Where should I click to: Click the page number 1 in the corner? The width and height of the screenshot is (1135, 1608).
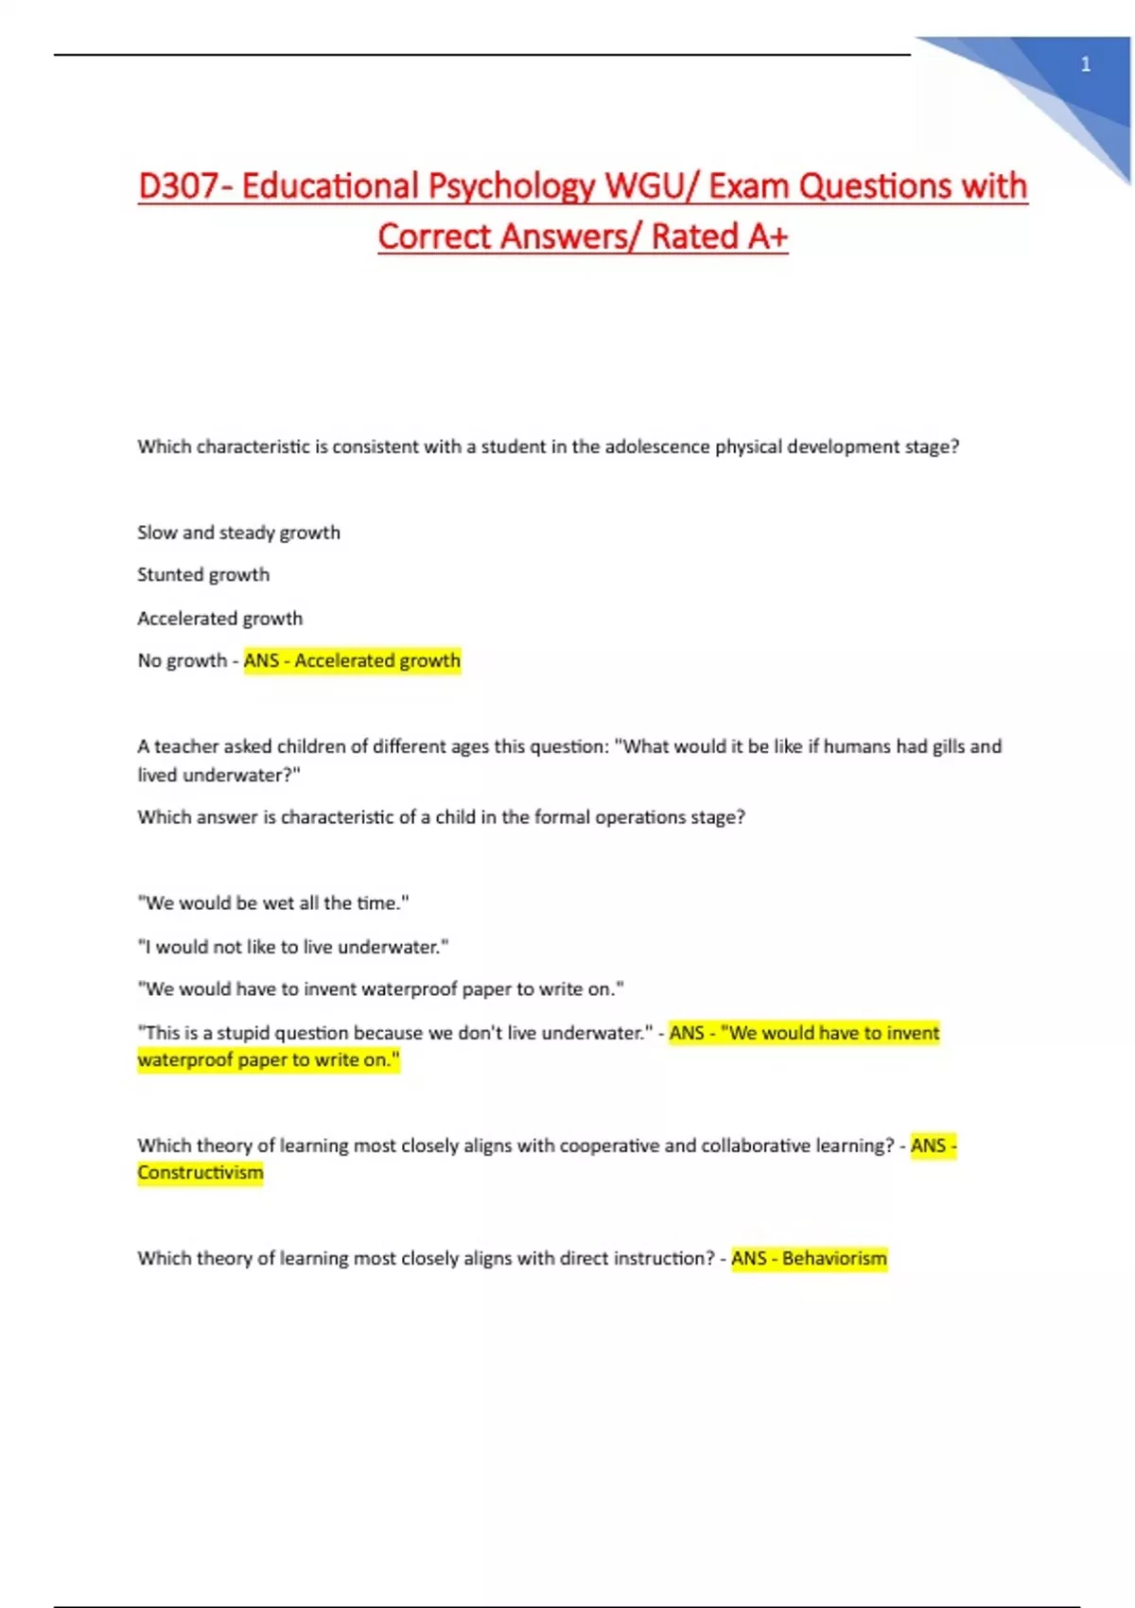tap(1085, 64)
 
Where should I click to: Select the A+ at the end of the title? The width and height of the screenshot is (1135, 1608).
tap(767, 236)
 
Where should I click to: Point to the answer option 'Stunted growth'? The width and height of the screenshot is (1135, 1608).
tap(203, 575)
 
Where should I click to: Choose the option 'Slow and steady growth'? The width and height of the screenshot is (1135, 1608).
tap(238, 533)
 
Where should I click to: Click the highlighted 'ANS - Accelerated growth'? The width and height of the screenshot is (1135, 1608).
tap(352, 660)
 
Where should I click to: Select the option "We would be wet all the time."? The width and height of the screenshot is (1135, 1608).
tap(273, 903)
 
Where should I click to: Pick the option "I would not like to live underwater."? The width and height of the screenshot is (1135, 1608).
tap(293, 947)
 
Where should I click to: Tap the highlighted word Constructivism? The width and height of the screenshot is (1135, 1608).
tap(201, 1173)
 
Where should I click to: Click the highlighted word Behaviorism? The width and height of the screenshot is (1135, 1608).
tap(834, 1259)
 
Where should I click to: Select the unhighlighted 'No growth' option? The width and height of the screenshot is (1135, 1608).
tap(183, 660)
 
